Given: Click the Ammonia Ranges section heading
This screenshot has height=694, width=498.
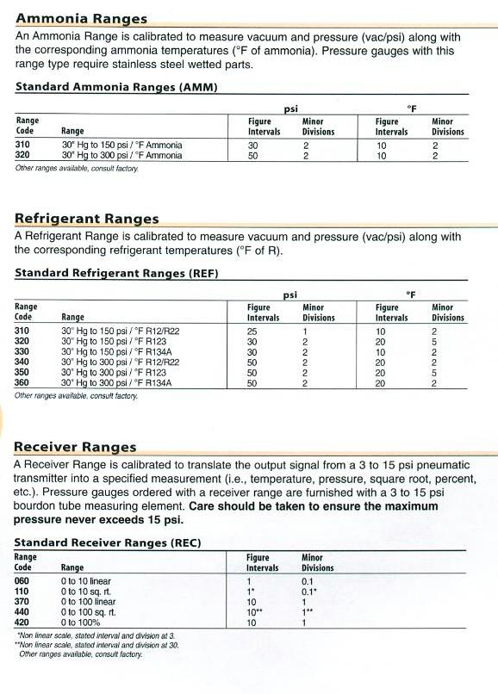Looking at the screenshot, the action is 81,19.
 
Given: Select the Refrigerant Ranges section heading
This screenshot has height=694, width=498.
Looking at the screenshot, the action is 87,219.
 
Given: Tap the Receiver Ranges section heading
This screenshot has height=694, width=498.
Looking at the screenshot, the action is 76,447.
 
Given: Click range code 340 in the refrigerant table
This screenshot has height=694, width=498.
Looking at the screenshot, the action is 22,362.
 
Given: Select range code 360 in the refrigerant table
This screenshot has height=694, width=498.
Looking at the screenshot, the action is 22,382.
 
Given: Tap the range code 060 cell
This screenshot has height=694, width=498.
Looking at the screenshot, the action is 22,581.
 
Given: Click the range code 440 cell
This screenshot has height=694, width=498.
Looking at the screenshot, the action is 22,611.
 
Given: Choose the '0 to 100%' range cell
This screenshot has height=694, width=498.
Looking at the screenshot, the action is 81,622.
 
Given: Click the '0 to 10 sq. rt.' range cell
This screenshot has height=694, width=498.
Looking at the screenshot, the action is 85,592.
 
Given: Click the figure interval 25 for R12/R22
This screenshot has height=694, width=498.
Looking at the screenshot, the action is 252,331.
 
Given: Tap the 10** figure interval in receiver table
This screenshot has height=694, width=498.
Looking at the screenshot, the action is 254,611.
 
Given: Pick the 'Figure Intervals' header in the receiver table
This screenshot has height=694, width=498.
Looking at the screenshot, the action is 262,563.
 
